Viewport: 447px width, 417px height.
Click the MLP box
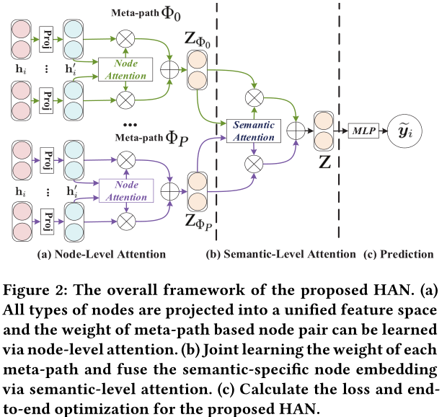363,131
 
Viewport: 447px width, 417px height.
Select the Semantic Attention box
254,131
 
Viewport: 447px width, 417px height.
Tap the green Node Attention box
125,69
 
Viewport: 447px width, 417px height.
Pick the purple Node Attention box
126,190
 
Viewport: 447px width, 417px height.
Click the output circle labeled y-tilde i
404,131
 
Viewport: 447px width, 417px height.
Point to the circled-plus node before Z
296,131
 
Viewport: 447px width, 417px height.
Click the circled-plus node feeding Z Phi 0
169,69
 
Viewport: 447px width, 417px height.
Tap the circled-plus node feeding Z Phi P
170,191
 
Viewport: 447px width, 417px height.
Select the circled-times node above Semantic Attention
255,98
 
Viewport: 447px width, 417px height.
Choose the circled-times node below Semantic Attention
254,164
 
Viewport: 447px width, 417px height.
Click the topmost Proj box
46,40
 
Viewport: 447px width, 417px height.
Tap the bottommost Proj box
47,221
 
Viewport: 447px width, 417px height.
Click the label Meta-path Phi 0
146,14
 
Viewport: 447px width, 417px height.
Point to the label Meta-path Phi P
151,138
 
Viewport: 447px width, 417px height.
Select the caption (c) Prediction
399,254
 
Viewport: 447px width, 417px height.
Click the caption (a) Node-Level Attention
102,254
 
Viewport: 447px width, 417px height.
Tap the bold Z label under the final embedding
324,162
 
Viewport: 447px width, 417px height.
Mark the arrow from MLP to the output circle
383,131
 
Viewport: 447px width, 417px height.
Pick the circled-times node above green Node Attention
125,39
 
